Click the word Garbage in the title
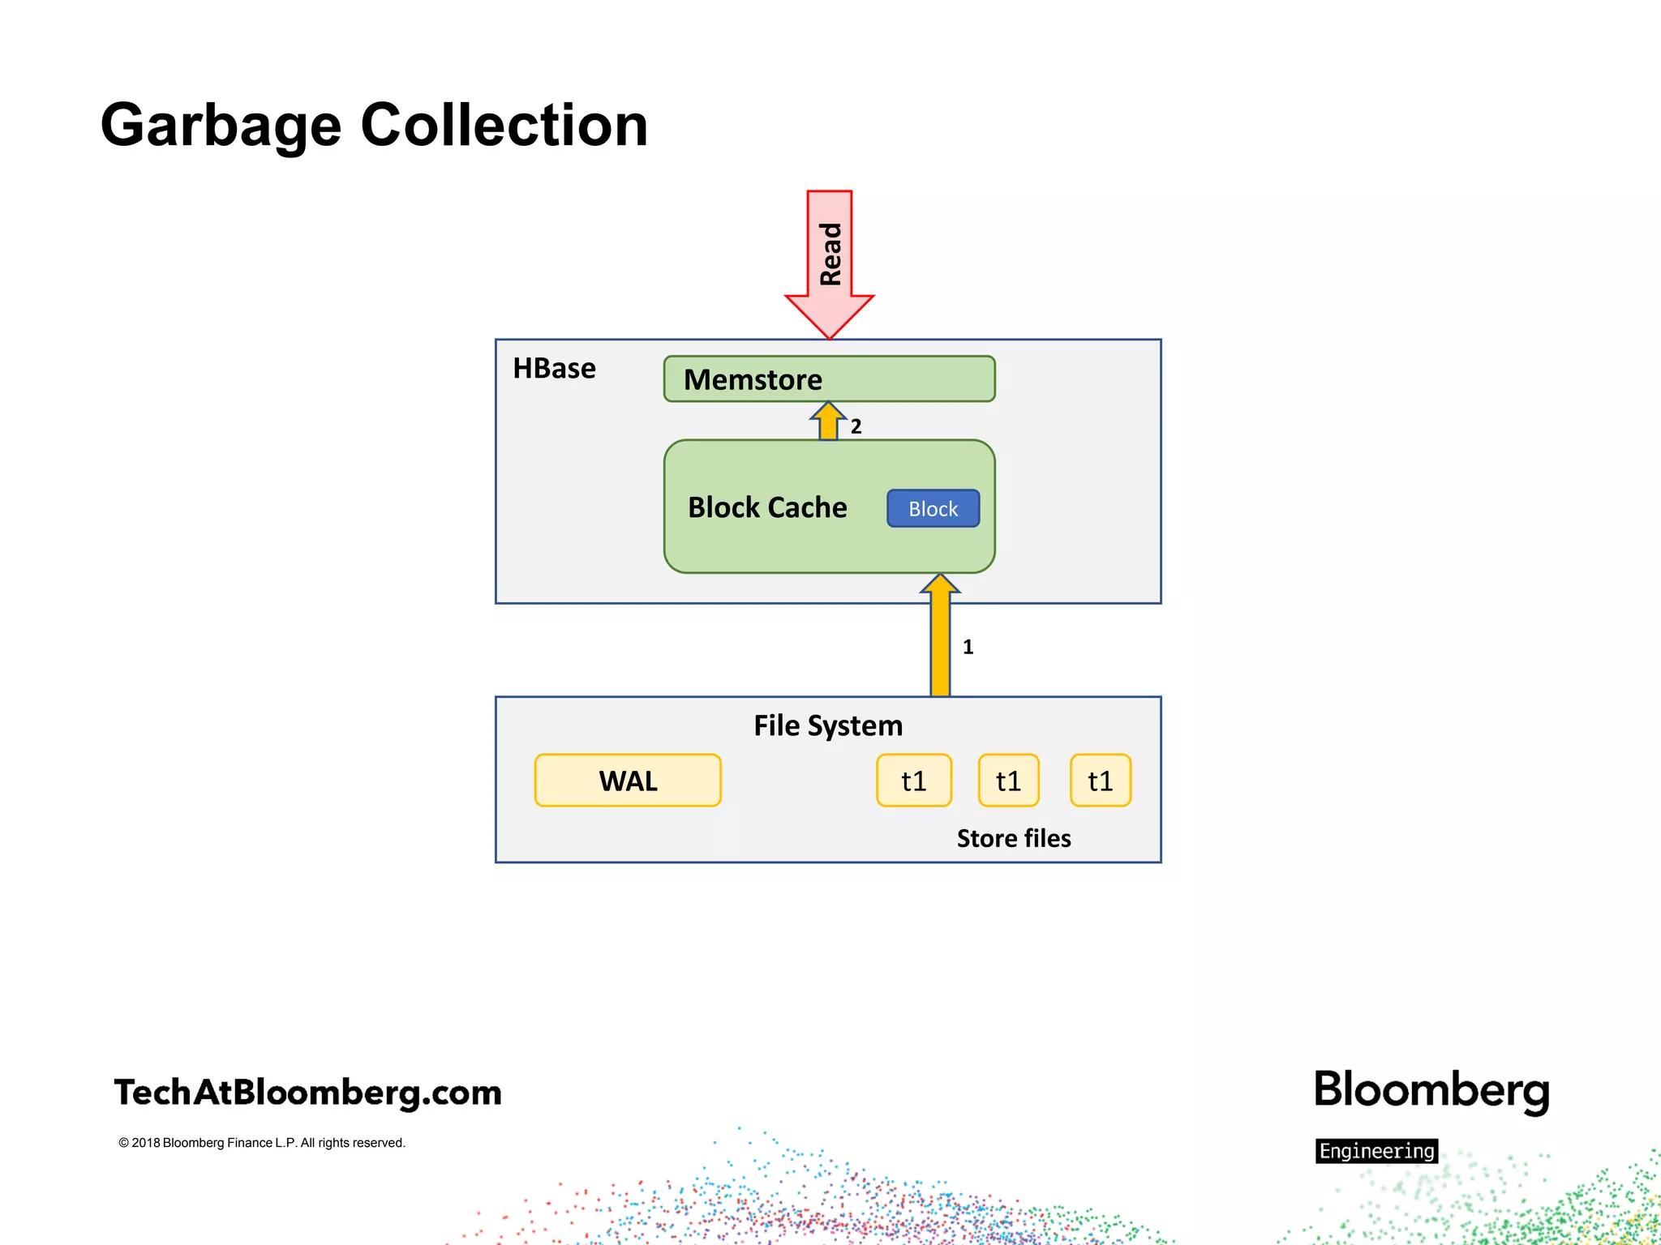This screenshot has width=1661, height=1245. pyautogui.click(x=221, y=126)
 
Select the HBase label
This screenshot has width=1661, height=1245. pyautogui.click(x=554, y=369)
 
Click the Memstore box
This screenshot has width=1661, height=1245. pyautogui.click(x=829, y=379)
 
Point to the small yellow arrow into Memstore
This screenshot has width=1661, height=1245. pyautogui.click(x=828, y=421)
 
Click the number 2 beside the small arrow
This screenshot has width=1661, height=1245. pyautogui.click(x=856, y=426)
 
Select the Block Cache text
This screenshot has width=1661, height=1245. pyautogui.click(x=767, y=507)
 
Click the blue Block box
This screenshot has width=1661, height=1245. pyautogui.click(x=933, y=509)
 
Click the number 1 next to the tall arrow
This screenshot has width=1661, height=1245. pyautogui.click(x=968, y=647)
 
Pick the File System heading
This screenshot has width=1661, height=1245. pyautogui.click(x=827, y=725)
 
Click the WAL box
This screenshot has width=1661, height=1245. pyautogui.click(x=628, y=781)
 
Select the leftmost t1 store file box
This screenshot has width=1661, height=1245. pyautogui.click(x=914, y=781)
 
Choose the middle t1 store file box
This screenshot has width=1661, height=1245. pyautogui.click(x=1008, y=781)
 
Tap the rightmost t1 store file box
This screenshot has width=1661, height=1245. pyautogui.click(x=1100, y=781)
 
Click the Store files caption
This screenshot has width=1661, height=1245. pyautogui.click(x=1013, y=838)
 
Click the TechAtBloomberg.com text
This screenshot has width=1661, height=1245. pyautogui.click(x=308, y=1093)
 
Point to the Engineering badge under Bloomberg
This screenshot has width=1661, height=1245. pyautogui.click(x=1376, y=1151)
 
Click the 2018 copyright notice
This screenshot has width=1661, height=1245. pyautogui.click(x=261, y=1143)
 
